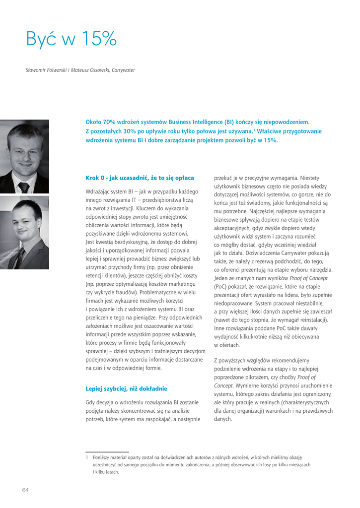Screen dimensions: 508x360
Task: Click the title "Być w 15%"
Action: [x=71, y=40]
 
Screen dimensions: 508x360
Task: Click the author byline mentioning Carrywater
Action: [x=80, y=70]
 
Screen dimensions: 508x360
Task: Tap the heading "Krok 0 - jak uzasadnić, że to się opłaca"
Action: [x=140, y=178]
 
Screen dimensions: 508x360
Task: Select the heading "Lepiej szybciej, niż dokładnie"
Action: [x=126, y=388]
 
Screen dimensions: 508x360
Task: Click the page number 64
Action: [x=25, y=490]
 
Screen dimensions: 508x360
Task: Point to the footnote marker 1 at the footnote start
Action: [x=87, y=457]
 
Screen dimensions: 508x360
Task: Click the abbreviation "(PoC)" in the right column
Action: [x=220, y=287]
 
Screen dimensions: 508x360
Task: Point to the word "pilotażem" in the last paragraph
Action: [x=272, y=377]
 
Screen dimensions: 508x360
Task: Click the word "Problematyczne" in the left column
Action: [x=158, y=292]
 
